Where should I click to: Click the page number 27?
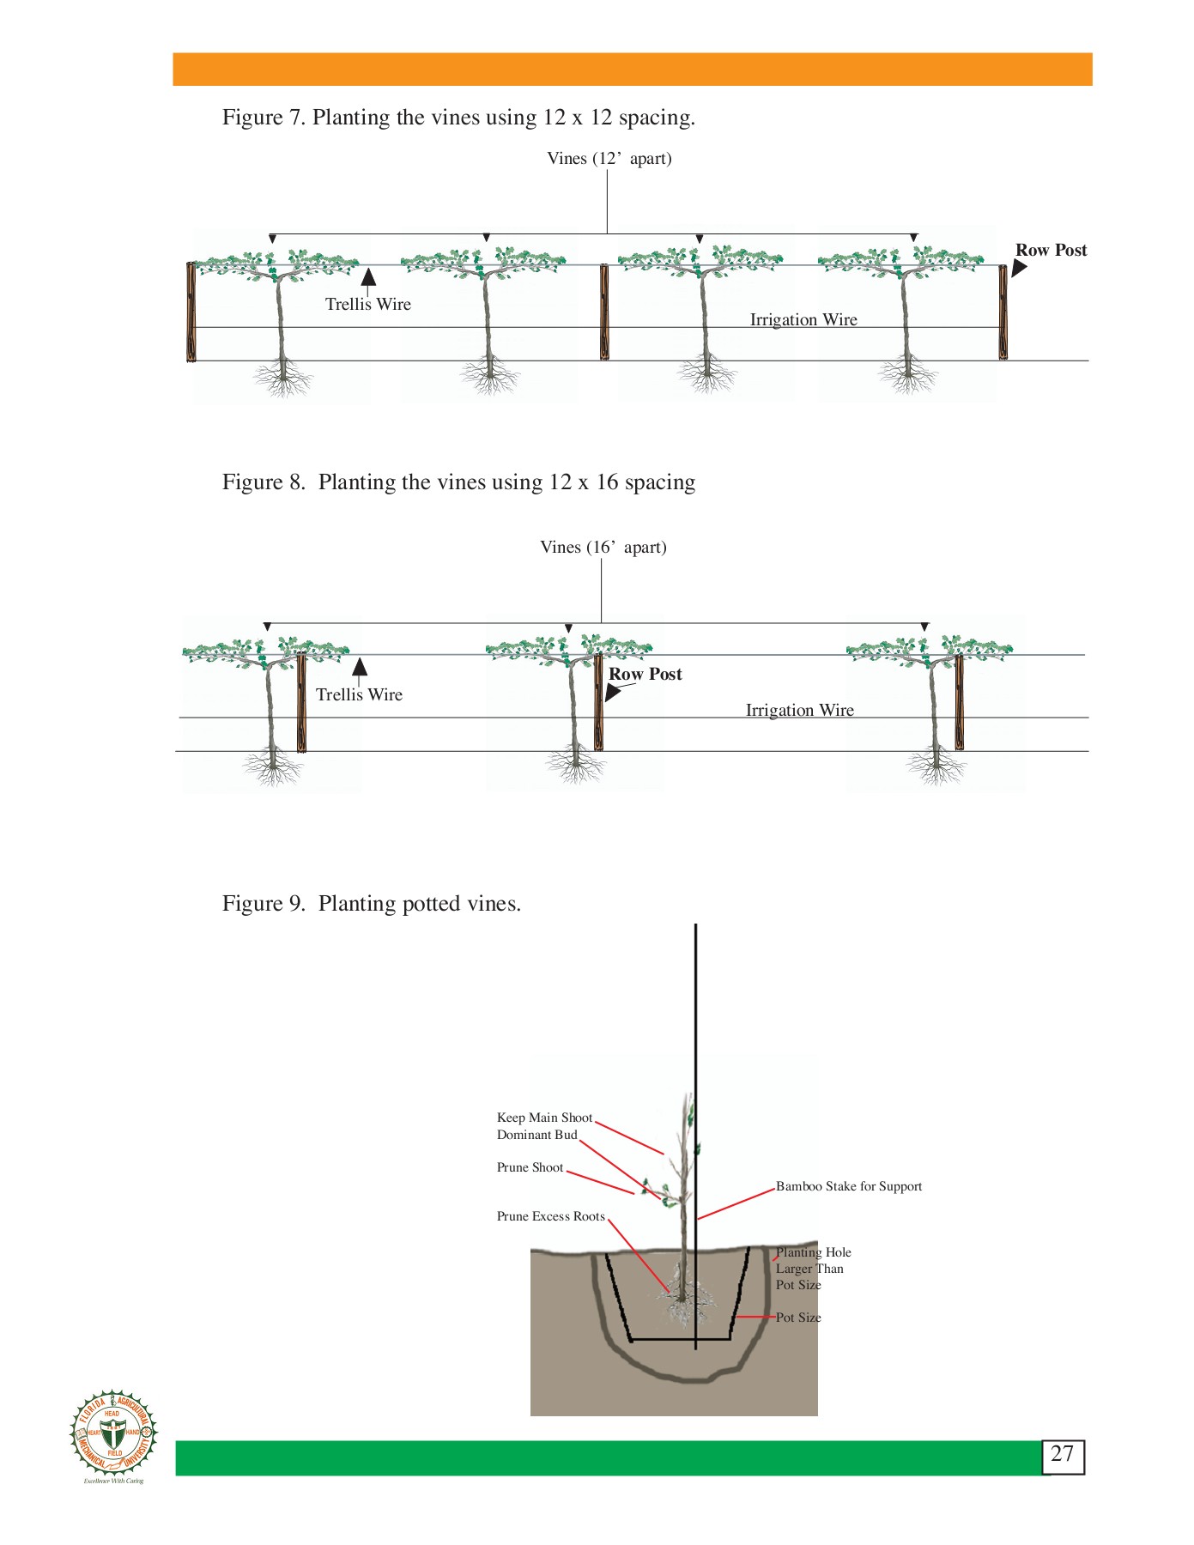point(1062,1454)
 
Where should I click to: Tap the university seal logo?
point(113,1434)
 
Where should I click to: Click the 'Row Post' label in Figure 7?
point(1051,250)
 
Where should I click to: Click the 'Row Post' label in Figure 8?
point(645,674)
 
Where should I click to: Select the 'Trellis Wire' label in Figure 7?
point(368,304)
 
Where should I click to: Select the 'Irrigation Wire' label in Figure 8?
point(799,710)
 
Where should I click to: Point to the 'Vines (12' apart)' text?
point(609,158)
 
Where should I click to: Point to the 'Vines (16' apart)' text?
point(603,547)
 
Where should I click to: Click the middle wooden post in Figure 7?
point(604,312)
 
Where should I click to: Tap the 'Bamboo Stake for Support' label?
point(848,1186)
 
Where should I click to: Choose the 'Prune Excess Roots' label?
point(550,1216)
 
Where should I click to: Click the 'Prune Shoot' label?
point(530,1167)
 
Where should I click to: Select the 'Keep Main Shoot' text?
point(544,1118)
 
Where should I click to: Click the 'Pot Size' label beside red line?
point(798,1318)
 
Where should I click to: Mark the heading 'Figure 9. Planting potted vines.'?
point(371,903)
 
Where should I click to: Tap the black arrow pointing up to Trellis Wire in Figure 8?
point(360,667)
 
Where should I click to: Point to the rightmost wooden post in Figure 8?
point(959,701)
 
